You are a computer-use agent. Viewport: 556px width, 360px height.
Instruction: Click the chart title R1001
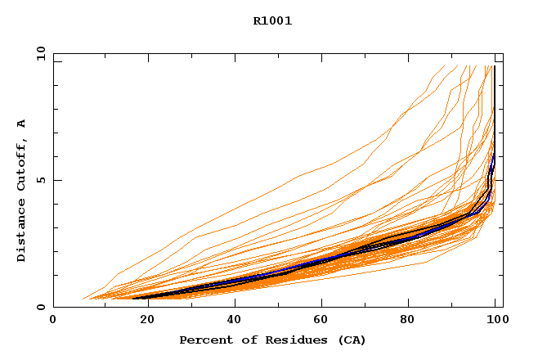click(x=272, y=21)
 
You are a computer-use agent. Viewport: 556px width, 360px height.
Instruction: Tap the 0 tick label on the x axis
click(x=53, y=321)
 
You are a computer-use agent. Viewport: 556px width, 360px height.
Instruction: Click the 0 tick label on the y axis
click(x=41, y=308)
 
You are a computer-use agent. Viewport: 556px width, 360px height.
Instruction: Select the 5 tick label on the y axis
click(x=41, y=181)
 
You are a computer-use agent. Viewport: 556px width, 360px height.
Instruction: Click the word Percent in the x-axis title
click(x=204, y=340)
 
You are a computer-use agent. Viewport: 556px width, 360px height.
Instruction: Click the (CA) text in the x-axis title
click(x=350, y=340)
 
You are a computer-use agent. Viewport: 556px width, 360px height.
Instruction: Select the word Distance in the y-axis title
click(x=22, y=230)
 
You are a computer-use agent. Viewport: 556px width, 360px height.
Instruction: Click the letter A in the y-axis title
click(x=22, y=124)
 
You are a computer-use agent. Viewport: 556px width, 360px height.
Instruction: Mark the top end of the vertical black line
click(x=494, y=66)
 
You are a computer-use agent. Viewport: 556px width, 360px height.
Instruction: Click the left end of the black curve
click(x=133, y=299)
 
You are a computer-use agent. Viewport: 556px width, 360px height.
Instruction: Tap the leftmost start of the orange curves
click(x=83, y=299)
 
